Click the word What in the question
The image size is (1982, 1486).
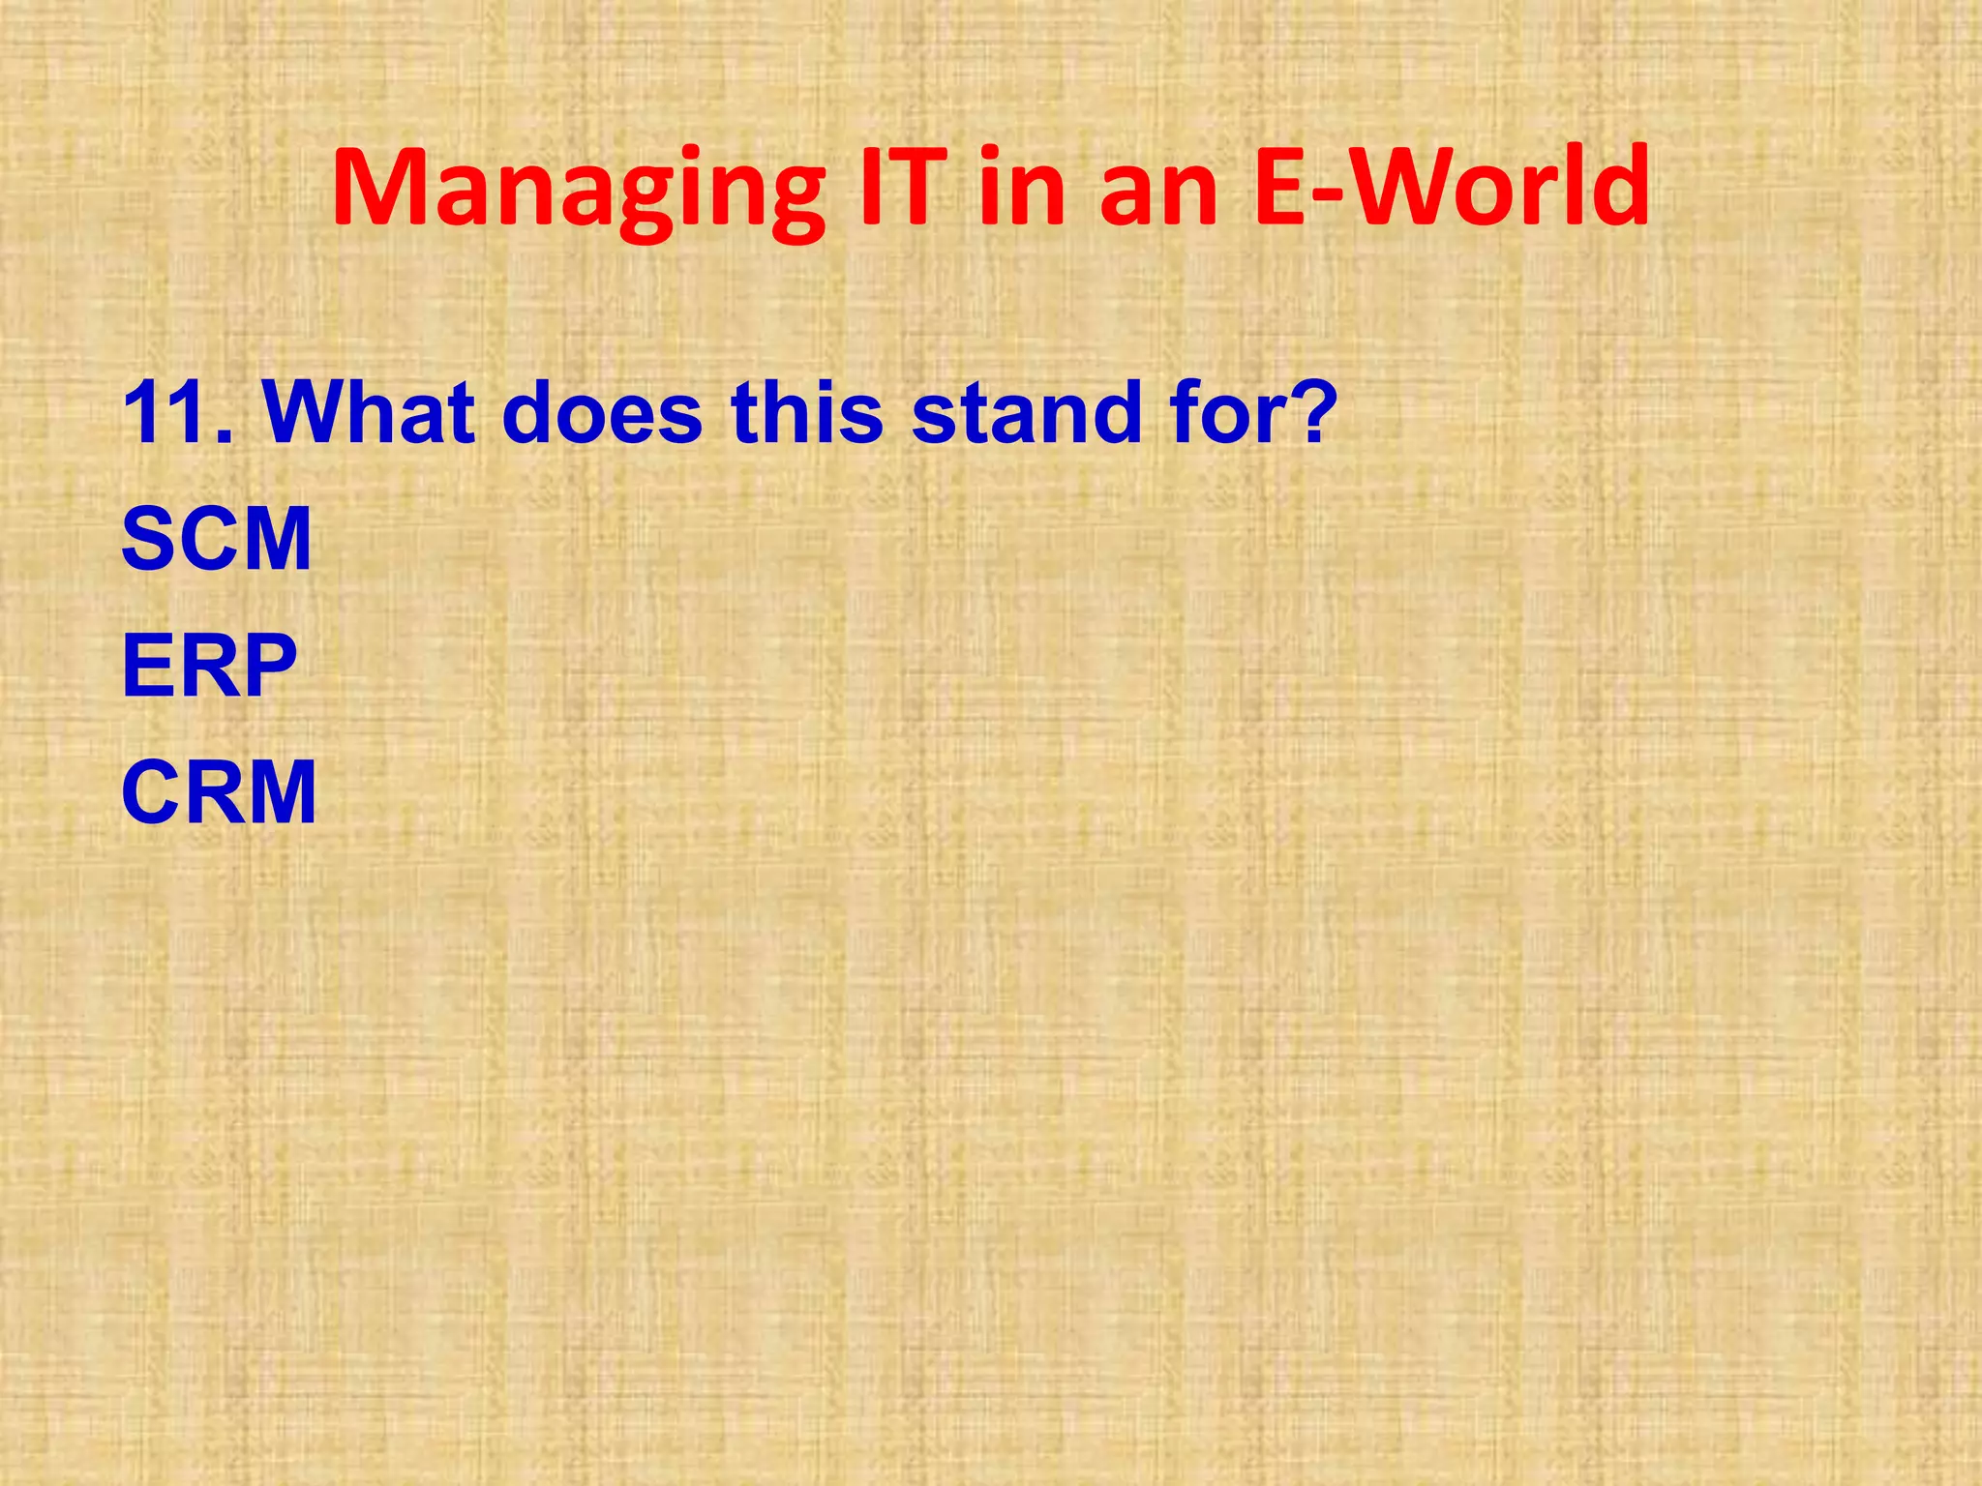click(x=369, y=413)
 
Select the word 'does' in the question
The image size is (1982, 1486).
click(x=602, y=413)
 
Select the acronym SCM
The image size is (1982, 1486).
click(x=217, y=539)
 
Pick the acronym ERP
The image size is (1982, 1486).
click(x=209, y=666)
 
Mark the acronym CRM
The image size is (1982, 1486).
click(x=219, y=792)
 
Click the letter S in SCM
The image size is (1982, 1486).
click(x=149, y=539)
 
